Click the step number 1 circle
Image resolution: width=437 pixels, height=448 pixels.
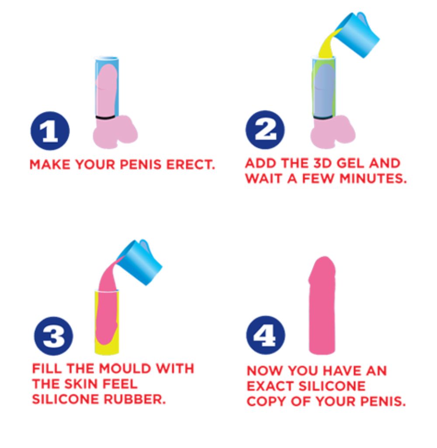click(50, 131)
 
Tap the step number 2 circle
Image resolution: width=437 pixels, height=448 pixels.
click(265, 130)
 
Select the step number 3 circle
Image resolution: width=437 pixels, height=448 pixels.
click(53, 336)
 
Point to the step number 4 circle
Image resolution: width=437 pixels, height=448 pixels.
click(266, 335)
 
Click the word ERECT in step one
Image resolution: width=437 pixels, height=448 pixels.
click(190, 165)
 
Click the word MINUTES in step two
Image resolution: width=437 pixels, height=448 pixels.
click(373, 179)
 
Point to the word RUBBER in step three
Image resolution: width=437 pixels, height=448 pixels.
click(135, 399)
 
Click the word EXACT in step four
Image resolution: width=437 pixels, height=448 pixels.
click(271, 386)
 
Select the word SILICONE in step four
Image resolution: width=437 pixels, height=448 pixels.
click(332, 386)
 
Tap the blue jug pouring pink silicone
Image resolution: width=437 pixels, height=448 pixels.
click(140, 262)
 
